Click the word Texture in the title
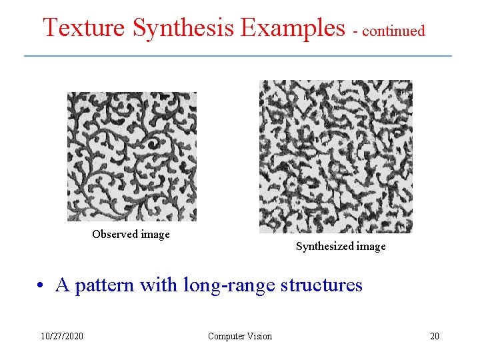[84, 28]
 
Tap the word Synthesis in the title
[183, 28]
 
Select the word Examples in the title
[293, 28]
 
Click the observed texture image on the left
[132, 156]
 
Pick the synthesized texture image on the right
[335, 157]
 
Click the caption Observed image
[131, 234]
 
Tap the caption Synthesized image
[341, 247]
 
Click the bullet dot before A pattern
[41, 286]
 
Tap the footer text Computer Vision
[240, 336]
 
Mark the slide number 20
[435, 336]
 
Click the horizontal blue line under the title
[238, 55]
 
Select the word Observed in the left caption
[114, 234]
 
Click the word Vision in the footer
[259, 336]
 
